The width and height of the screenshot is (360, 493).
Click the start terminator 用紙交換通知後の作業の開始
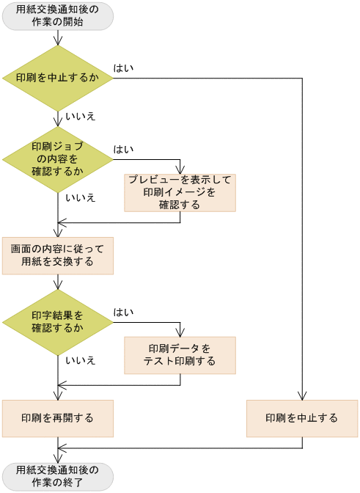pos(58,16)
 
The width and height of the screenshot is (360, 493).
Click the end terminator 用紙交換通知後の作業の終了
pos(58,476)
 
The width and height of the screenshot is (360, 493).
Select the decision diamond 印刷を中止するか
pos(58,78)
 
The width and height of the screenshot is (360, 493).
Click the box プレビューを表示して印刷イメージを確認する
pos(180,192)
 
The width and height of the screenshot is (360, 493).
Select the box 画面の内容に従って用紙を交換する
pos(58,255)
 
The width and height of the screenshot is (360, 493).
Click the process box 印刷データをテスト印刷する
pos(180,354)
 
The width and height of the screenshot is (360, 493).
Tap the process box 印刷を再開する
pos(58,418)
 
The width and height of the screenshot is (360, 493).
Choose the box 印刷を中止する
pos(301,418)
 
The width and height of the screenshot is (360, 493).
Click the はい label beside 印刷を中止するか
pos(123,68)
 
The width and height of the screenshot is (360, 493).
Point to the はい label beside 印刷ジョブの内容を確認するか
pos(123,150)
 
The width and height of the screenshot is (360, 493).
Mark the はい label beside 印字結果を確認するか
pos(123,313)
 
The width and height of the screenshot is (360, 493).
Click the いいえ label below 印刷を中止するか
pos(80,117)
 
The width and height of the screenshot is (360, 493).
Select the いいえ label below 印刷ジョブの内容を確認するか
pos(80,198)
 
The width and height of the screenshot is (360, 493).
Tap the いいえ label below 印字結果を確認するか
pos(80,360)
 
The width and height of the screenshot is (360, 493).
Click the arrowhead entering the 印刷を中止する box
pos(301,396)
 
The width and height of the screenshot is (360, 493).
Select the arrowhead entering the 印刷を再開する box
pos(58,396)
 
